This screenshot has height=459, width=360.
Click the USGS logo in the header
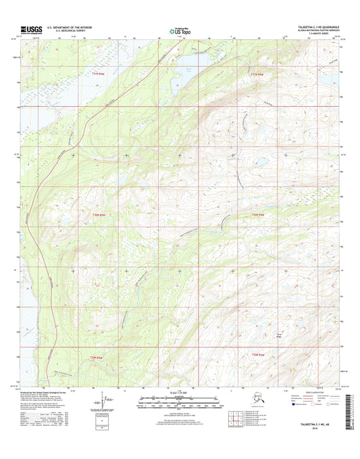click(31, 29)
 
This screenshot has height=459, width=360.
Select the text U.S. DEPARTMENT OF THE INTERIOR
click(72, 27)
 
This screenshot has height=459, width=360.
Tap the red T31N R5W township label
click(99, 74)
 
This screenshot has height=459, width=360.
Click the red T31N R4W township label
click(257, 74)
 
